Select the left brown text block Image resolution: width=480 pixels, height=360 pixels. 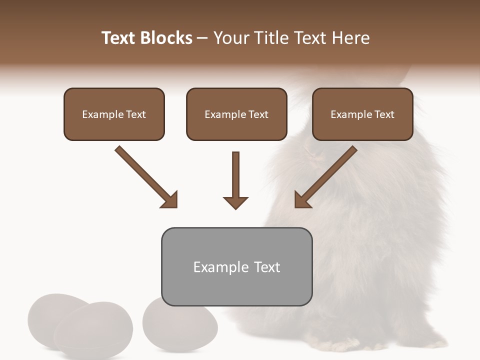(x=114, y=114)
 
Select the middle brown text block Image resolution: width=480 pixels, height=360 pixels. (x=236, y=114)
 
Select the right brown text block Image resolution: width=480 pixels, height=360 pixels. (x=362, y=114)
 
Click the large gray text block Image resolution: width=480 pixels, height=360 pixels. (x=236, y=266)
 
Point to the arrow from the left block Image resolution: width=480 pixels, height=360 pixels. (x=145, y=176)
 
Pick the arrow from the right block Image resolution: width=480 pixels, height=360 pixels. (x=327, y=176)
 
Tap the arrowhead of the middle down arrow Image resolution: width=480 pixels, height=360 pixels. (x=235, y=202)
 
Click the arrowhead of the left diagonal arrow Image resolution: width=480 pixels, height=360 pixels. (x=170, y=200)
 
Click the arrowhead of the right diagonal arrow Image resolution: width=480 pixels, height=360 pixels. (x=302, y=200)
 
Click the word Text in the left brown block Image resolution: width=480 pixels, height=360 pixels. (x=136, y=114)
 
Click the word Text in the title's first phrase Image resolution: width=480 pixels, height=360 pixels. (x=119, y=38)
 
